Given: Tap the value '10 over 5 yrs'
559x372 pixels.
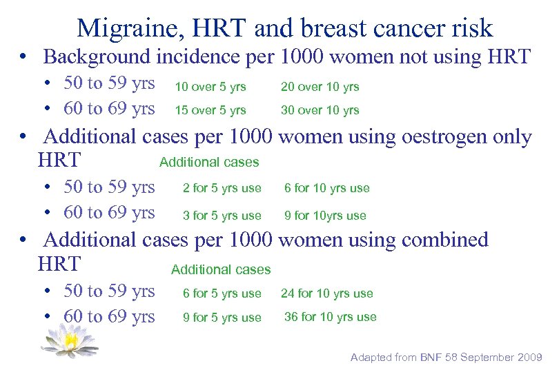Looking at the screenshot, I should pyautogui.click(x=210, y=87).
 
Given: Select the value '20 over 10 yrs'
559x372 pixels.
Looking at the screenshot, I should pyautogui.click(x=320, y=87).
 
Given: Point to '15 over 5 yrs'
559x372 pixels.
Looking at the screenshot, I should pyautogui.click(x=210, y=110).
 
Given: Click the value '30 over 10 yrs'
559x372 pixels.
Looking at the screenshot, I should pyautogui.click(x=320, y=110).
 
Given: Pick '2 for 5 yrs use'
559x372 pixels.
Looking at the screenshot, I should pyautogui.click(x=222, y=188).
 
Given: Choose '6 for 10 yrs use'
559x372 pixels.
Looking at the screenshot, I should pyautogui.click(x=327, y=188).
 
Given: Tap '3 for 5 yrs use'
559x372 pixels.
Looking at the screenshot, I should pyautogui.click(x=222, y=216).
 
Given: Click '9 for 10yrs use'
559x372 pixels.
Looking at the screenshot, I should pyautogui.click(x=325, y=216).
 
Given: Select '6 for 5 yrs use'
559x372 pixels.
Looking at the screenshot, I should pyautogui.click(x=222, y=293).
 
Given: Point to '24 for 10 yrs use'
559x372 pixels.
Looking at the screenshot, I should pyautogui.click(x=326, y=293).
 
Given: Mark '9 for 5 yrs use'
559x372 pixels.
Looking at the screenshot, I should pyautogui.click(x=222, y=318).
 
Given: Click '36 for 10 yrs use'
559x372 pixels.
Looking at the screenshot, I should pyautogui.click(x=331, y=317).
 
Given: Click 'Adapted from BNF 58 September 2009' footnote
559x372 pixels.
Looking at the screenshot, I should pyautogui.click(x=447, y=357).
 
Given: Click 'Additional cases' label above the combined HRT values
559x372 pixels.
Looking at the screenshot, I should pyautogui.click(x=221, y=269).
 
